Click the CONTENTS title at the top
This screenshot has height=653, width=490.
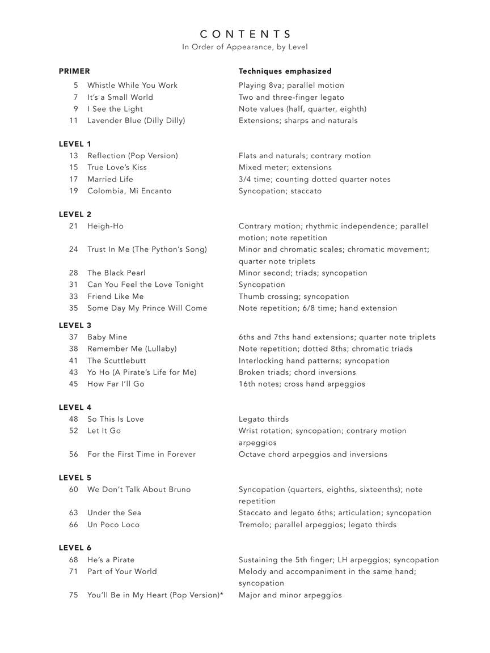pos(245,34)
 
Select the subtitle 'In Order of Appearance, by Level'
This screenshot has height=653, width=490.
pos(245,47)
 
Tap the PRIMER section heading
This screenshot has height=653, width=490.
pos(74,71)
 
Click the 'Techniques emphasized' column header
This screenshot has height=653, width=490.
pos(285,71)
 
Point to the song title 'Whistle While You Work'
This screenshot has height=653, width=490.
pos(132,86)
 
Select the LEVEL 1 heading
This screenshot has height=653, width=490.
pos(75,144)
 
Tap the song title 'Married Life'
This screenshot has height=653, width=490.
pos(110,179)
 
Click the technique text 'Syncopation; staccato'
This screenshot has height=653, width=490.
pos(280,191)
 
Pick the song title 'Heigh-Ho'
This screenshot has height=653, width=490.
pos(105,226)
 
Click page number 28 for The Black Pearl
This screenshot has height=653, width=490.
pos(74,273)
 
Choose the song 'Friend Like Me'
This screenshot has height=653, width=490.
pos(115,296)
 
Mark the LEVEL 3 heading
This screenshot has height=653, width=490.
pos(75,325)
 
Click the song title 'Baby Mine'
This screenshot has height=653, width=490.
pos(107,337)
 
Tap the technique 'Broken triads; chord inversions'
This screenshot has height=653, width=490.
pos(297,372)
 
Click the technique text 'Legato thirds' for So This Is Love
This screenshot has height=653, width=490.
pos(264,419)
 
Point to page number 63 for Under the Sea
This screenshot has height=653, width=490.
pos(74,513)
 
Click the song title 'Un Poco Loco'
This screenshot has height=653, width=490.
pos(113,525)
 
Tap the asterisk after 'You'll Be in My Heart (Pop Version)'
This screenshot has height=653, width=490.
pos(221,594)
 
